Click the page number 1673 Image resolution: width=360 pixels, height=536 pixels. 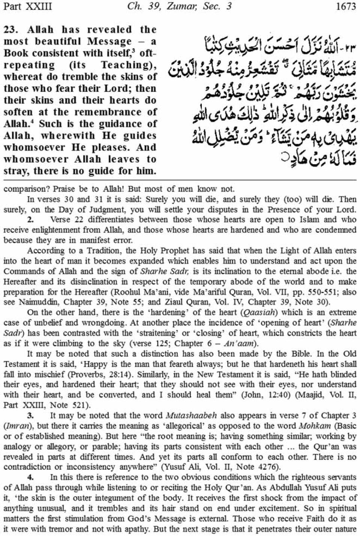tap(345, 6)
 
